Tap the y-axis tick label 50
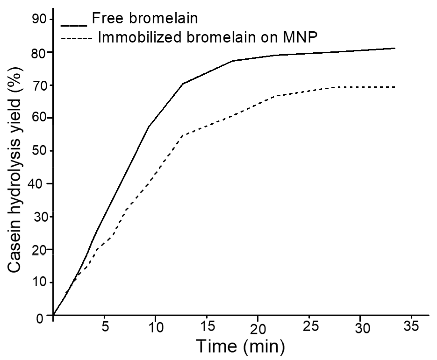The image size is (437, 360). pyautogui.click(x=39, y=150)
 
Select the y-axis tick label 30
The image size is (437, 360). pyautogui.click(x=39, y=216)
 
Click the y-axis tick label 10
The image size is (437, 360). pyautogui.click(x=39, y=282)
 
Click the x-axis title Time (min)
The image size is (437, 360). pyautogui.click(x=240, y=346)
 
